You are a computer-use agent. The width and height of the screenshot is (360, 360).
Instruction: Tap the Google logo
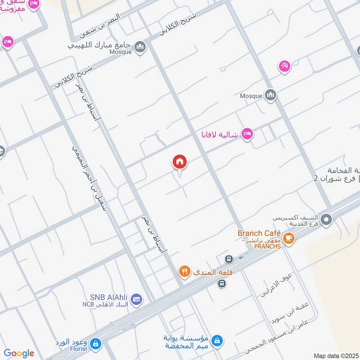point(19,353)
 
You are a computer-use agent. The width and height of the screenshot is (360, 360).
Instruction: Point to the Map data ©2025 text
point(336,355)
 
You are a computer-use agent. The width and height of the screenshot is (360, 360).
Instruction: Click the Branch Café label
point(260,233)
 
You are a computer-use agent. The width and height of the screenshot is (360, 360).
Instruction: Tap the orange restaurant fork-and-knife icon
point(184,271)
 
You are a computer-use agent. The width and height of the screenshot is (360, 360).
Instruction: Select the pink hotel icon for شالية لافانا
point(247,134)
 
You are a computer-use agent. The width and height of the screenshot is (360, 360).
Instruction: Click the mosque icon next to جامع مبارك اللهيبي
point(140,46)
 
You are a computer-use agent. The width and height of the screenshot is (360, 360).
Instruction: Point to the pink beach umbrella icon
point(284,66)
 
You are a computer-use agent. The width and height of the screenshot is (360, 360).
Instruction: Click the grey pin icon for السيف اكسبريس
point(327,220)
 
